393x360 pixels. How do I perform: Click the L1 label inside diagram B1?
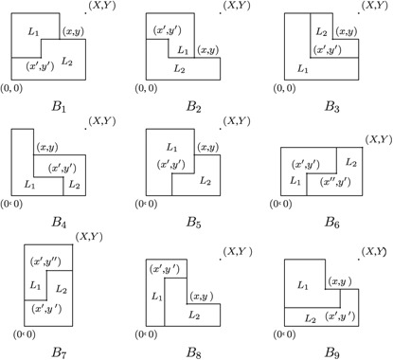tap(35, 34)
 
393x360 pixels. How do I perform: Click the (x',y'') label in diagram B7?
tap(48, 264)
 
